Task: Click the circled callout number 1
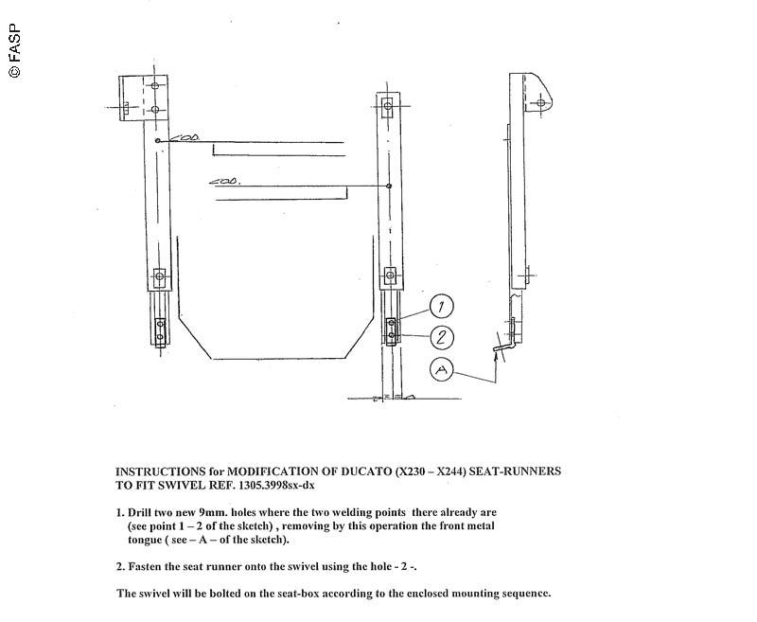pyautogui.click(x=442, y=306)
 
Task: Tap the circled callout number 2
pyautogui.click(x=442, y=337)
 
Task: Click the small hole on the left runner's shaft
pyautogui.click(x=158, y=142)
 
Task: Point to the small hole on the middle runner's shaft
pyautogui.click(x=389, y=187)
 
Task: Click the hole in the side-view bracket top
pyautogui.click(x=540, y=102)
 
